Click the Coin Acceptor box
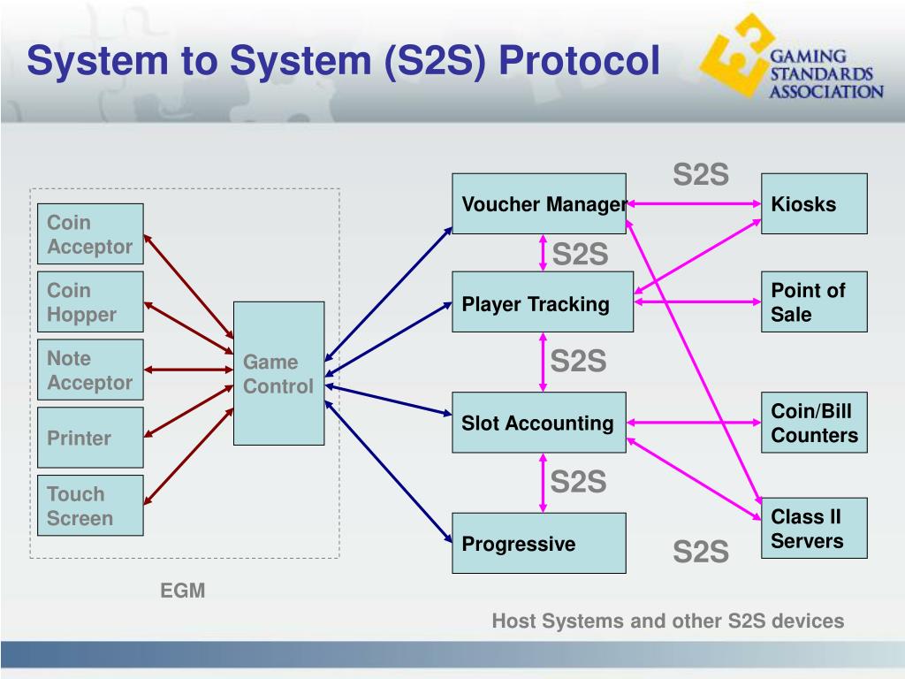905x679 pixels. tap(90, 234)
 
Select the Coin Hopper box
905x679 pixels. tap(90, 302)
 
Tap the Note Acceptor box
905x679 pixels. tap(90, 370)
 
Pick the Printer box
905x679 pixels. tap(90, 438)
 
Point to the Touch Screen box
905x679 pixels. tap(90, 506)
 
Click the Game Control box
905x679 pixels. tap(278, 373)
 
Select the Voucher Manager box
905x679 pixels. tap(539, 204)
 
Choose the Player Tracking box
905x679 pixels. tap(542, 302)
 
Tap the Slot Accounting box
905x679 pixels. tap(539, 423)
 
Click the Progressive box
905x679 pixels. tap(539, 543)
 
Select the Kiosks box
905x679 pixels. tap(814, 204)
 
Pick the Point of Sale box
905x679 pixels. tap(814, 302)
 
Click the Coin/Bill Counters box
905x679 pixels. tap(814, 423)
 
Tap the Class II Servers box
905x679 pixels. tap(814, 528)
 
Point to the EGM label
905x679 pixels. tap(182, 591)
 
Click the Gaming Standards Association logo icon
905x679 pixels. tap(731, 61)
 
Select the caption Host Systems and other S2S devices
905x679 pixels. tap(667, 621)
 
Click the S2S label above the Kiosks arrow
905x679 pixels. tap(701, 174)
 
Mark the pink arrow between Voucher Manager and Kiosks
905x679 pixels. tap(694, 204)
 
